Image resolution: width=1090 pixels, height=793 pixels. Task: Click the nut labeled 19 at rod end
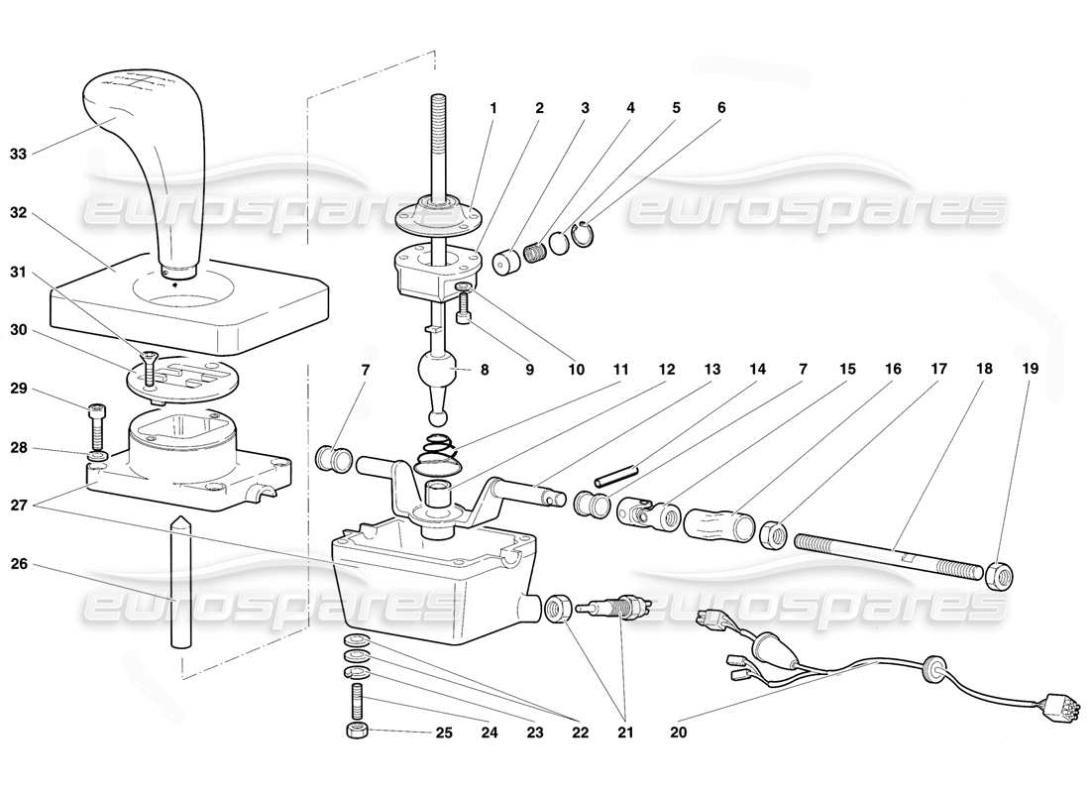[999, 574]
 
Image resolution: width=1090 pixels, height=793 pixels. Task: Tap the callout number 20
[678, 735]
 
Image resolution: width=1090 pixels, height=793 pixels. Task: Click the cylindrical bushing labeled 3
[508, 263]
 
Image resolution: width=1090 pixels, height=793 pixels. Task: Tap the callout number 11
[620, 368]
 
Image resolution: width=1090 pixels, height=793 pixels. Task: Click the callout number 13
[711, 368]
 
